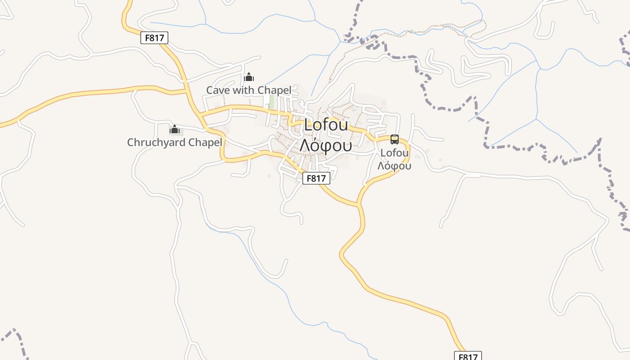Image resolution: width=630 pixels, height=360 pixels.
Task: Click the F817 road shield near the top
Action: click(x=154, y=38)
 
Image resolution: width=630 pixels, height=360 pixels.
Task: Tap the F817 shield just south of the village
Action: click(x=316, y=178)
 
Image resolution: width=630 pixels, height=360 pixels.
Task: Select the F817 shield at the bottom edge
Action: click(x=468, y=356)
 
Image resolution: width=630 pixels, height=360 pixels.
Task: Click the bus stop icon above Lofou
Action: click(x=395, y=139)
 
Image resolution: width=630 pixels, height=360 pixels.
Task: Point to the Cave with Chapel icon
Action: click(x=249, y=77)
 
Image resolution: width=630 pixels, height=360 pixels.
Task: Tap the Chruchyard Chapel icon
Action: click(x=174, y=130)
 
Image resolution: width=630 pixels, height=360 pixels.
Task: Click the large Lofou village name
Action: click(x=326, y=125)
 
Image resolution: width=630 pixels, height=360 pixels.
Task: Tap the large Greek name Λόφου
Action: click(x=326, y=145)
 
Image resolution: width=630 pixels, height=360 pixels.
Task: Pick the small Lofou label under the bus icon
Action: click(x=395, y=153)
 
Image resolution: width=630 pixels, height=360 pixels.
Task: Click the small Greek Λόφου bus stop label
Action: click(x=394, y=166)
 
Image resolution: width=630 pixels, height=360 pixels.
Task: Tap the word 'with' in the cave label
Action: click(x=243, y=90)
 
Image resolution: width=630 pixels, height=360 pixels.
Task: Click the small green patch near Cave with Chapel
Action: click(x=271, y=102)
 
